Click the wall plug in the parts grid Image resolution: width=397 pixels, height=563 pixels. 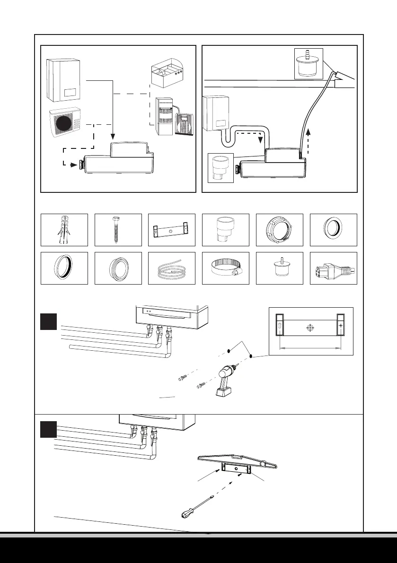click(64, 230)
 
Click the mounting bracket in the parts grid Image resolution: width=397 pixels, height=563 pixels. click(172, 230)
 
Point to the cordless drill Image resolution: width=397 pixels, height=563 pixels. click(226, 381)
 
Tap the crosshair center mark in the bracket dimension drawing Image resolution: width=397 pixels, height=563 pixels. click(310, 327)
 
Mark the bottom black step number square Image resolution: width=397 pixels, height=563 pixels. click(49, 430)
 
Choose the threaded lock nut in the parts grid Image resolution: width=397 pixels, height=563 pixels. click(279, 230)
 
